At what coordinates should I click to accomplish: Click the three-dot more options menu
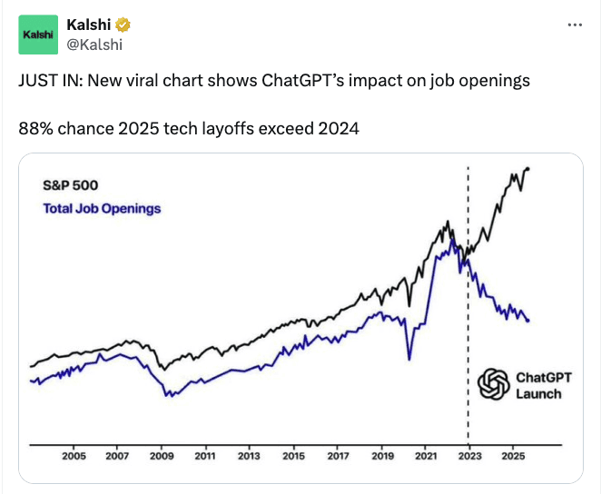(574, 25)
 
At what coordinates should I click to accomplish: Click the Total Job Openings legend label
(102, 209)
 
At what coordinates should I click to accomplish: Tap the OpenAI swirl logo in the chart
(494, 384)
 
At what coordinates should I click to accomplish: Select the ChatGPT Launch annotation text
(538, 385)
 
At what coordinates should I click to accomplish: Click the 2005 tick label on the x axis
(74, 456)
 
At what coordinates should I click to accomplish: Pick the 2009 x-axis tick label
(161, 456)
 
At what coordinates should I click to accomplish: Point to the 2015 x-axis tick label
(292, 456)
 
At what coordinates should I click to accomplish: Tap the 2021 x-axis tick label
(425, 456)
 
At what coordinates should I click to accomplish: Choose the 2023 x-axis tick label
(468, 456)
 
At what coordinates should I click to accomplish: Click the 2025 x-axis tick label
(513, 456)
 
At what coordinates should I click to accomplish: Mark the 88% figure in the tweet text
(34, 128)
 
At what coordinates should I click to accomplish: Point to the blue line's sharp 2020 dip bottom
(409, 358)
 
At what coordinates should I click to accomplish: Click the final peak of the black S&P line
(528, 168)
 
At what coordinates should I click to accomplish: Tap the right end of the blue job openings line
(528, 321)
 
